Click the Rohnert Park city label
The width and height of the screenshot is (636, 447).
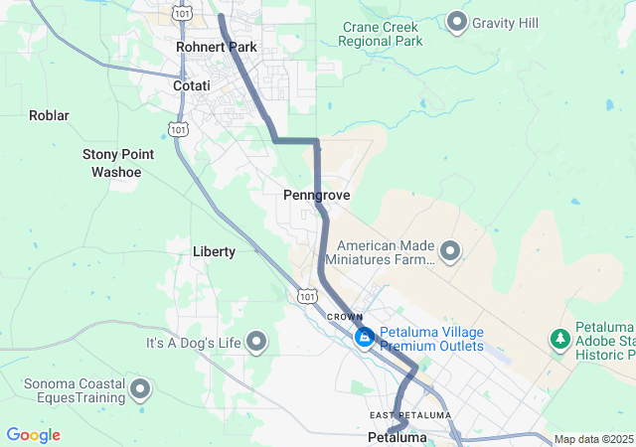coord(216,47)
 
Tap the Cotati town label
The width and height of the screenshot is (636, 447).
coord(192,86)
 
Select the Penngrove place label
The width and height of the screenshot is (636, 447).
coord(316,196)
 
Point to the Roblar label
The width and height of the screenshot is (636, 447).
coord(49,115)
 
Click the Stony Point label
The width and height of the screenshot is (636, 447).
coord(117,154)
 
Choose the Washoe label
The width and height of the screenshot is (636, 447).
coord(116,172)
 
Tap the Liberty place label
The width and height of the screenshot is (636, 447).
coord(214,251)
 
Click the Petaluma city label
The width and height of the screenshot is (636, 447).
coord(397,437)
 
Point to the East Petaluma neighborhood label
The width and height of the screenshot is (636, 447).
coord(410,414)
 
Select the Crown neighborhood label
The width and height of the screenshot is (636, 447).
coord(345,317)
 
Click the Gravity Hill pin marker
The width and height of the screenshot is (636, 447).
coord(457,21)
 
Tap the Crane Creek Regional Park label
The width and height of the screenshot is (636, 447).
coord(380,34)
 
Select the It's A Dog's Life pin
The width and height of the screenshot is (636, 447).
coord(257,343)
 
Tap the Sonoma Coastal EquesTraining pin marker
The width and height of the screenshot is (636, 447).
coord(140,389)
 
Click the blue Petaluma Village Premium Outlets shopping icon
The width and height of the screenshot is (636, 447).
coord(365,339)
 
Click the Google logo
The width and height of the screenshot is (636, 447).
coord(33,435)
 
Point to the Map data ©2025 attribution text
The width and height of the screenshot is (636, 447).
coord(592,439)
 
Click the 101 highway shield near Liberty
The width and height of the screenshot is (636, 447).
coord(307,296)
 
